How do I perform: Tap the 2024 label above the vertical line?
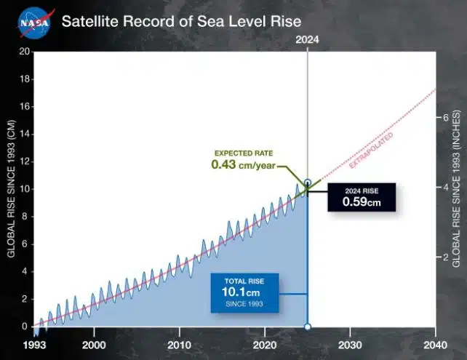tap(308, 41)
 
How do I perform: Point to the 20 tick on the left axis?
tap(23, 52)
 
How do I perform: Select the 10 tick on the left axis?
tap(23, 189)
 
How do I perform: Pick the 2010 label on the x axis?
tap(179, 345)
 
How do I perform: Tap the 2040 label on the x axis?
tap(435, 345)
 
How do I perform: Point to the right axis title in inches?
tap(456, 188)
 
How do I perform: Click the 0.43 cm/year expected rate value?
tap(242, 165)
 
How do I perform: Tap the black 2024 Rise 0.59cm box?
tap(362, 197)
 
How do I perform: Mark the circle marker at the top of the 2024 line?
tap(308, 183)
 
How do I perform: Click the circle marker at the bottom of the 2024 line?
tap(308, 327)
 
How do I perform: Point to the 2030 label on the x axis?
tap(350, 345)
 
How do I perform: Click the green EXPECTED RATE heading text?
tap(243, 153)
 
